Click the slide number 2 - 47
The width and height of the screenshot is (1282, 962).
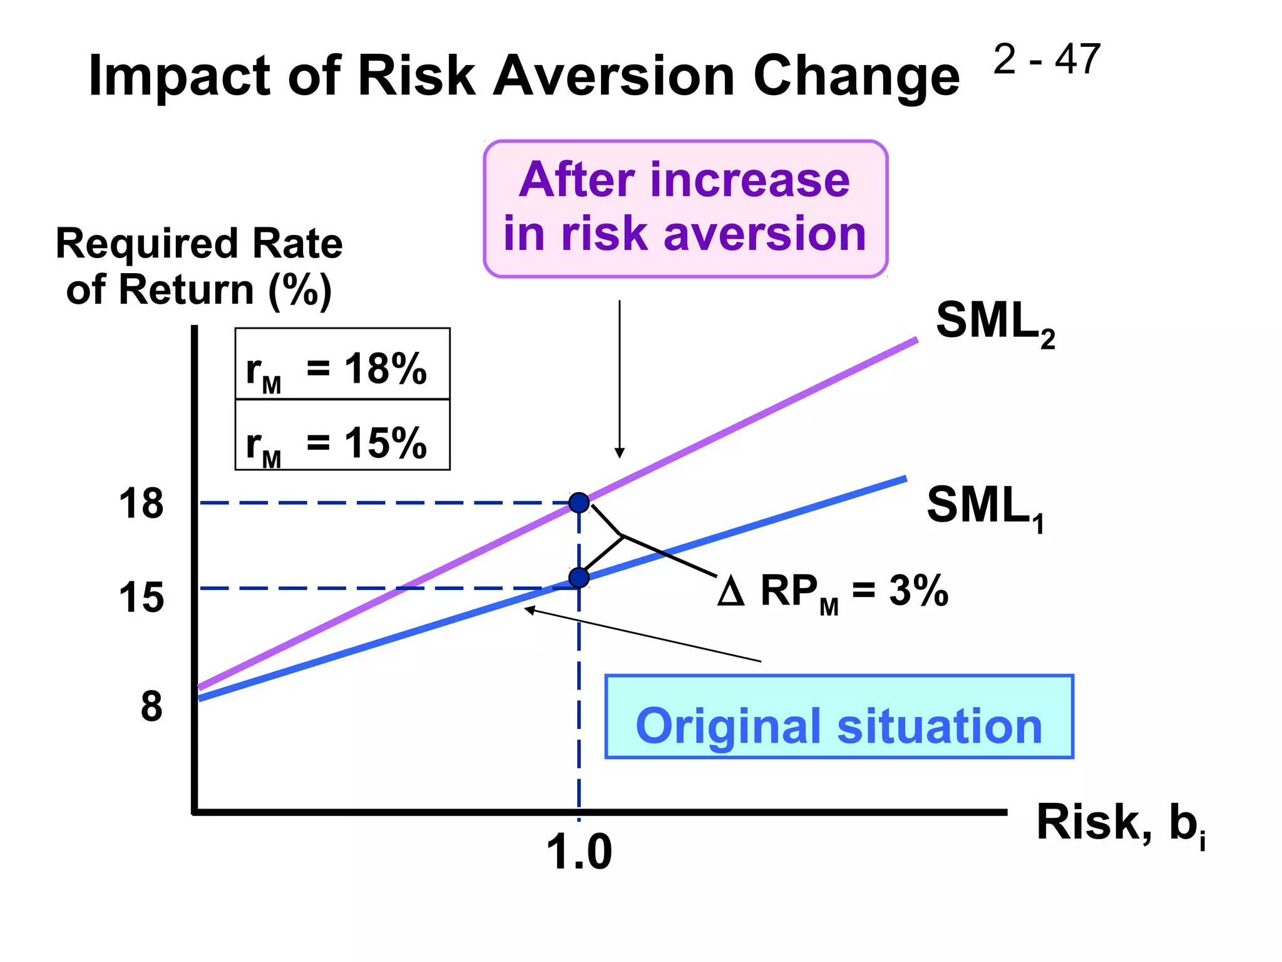[1046, 60]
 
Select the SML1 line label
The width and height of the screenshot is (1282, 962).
[985, 507]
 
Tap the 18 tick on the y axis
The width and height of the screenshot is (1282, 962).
[141, 504]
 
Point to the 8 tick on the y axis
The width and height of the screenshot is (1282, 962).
[151, 706]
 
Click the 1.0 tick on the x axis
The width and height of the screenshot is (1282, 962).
[578, 853]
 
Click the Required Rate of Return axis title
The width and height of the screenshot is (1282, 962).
[199, 266]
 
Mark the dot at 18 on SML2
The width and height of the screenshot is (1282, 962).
[579, 502]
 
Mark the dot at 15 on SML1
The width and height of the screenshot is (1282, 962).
[579, 577]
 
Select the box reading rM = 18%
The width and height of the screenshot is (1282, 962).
[342, 365]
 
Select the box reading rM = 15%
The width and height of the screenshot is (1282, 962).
[342, 436]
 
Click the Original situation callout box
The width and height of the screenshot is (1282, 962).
[839, 718]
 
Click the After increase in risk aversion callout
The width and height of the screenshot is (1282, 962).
[685, 209]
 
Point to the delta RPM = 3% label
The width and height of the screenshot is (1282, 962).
[833, 591]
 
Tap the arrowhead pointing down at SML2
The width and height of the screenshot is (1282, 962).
[620, 453]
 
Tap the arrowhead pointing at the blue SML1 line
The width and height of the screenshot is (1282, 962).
[530, 609]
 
